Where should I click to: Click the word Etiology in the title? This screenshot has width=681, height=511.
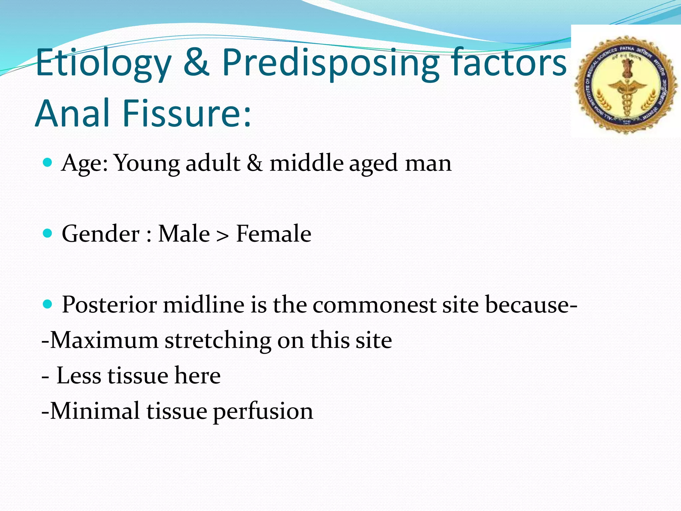tap(103, 63)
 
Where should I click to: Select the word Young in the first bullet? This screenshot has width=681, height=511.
tap(147, 163)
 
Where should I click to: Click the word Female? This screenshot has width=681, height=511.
tap(273, 234)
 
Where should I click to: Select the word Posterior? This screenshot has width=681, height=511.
tap(109, 305)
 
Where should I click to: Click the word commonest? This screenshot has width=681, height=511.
tap(374, 305)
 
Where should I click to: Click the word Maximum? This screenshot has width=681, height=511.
tap(104, 340)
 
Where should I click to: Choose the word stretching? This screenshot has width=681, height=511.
tap(218, 341)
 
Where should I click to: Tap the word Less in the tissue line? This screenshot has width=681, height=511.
tap(78, 376)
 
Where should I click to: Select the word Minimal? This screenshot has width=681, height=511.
tap(95, 411)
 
